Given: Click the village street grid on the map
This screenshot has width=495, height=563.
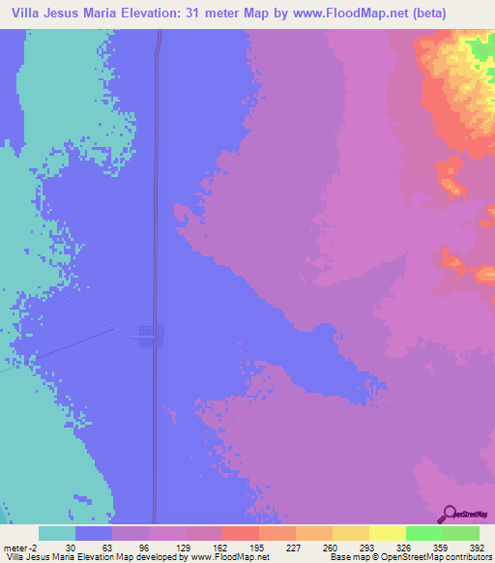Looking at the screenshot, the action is [151, 335].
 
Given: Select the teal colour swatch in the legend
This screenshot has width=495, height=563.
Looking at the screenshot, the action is [57, 533].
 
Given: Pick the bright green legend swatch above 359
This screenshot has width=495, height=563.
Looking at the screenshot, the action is [423, 533].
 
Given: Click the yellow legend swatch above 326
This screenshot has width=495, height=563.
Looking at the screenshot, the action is [387, 533].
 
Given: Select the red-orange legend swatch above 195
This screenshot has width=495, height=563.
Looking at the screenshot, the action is [240, 533].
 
